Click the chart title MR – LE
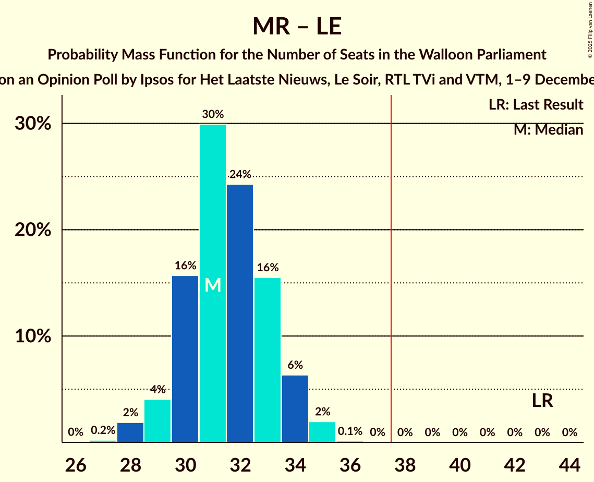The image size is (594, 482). point(297,26)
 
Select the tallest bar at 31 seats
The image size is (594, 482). point(213,283)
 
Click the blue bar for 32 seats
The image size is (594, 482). point(240,313)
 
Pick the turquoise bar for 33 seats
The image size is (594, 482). point(268,360)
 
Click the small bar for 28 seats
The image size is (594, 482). point(130,432)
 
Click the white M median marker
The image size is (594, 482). point(213,285)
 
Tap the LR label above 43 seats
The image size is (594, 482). point(542,401)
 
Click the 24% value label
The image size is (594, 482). point(240,174)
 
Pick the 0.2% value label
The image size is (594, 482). point(103,430)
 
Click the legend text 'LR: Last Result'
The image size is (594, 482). point(536,105)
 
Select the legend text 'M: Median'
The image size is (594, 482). point(548,130)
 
